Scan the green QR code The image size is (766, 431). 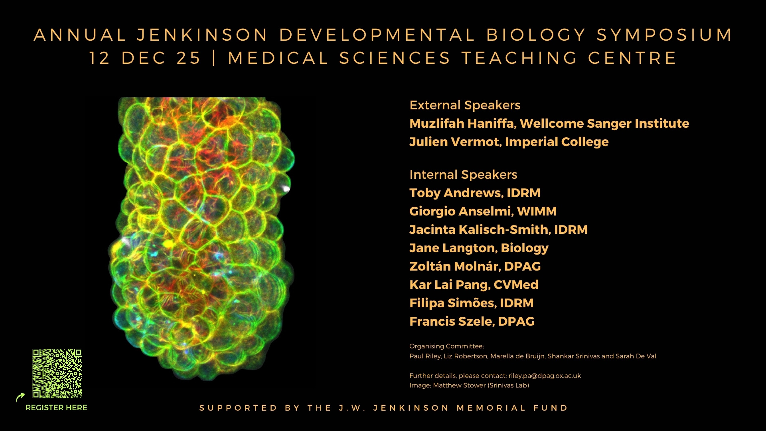tap(57, 374)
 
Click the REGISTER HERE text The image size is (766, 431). tap(56, 408)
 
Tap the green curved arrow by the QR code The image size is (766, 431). tap(20, 397)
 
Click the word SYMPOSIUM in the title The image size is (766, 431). tap(664, 35)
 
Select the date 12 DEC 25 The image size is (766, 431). tap(145, 58)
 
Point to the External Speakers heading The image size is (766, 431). tap(465, 105)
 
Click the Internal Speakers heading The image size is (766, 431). tap(463, 175)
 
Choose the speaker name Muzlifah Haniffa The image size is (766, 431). tap(463, 124)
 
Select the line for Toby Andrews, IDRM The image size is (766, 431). tap(475, 193)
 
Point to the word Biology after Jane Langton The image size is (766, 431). tap(525, 249)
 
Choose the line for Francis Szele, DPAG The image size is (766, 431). tap(472, 322)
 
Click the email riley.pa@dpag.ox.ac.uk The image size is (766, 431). tap(545, 376)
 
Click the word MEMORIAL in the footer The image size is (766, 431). tap(491, 408)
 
